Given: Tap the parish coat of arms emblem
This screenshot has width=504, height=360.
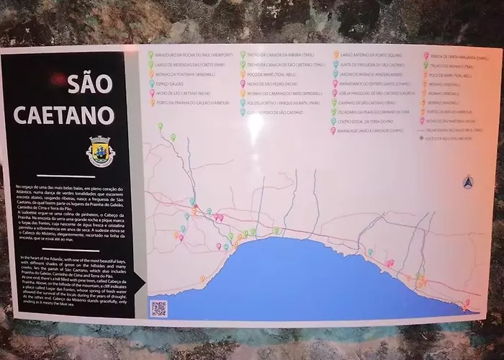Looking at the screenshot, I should pos(99,152).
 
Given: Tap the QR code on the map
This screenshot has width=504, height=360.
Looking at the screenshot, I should pos(158,307).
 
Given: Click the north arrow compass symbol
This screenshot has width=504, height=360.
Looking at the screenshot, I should pos(467,181).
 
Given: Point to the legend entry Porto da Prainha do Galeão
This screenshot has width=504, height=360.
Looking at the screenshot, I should pos(190,103).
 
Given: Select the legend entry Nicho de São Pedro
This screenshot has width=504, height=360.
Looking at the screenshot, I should pos(271,83).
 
